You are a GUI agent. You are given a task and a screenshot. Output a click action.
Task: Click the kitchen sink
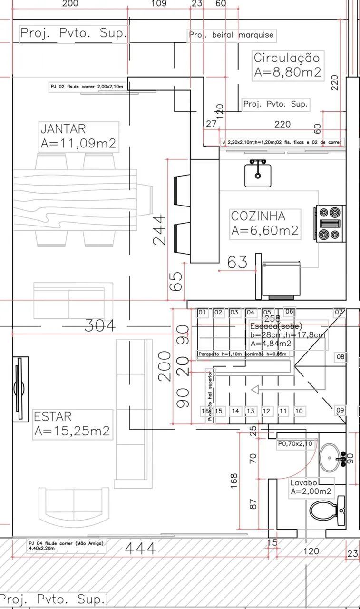click(258, 174)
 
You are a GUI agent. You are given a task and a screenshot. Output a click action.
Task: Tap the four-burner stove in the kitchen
click(330, 223)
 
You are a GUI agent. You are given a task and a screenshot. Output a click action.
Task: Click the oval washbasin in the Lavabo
click(331, 457)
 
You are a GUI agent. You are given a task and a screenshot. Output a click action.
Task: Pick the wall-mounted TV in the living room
click(20, 390)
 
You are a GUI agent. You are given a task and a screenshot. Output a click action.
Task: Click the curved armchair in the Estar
click(74, 508)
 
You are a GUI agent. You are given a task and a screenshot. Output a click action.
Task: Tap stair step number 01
click(203, 313)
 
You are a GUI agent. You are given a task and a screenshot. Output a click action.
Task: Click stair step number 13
click(251, 411)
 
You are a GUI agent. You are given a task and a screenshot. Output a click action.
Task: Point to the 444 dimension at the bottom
click(140, 549)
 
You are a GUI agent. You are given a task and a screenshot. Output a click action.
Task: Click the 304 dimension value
click(100, 326)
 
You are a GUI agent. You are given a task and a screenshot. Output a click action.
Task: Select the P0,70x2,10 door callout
click(295, 444)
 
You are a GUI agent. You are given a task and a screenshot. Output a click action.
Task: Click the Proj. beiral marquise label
click(231, 35)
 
